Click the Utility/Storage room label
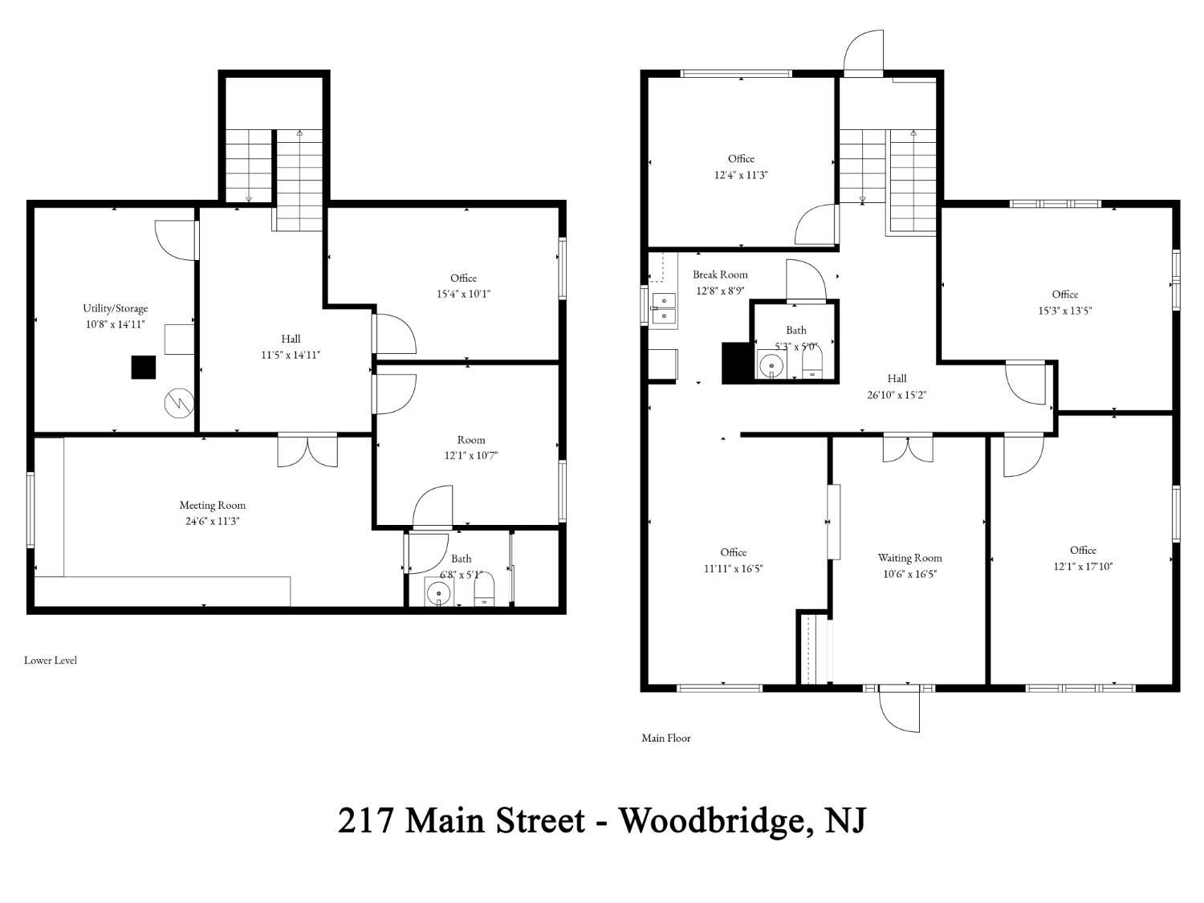pyautogui.click(x=116, y=308)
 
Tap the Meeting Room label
pyautogui.click(x=212, y=505)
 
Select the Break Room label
pyautogui.click(x=720, y=275)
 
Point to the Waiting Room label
pyautogui.click(x=909, y=558)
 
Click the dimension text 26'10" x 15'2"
pyautogui.click(x=897, y=395)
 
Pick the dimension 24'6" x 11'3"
pyautogui.click(x=212, y=521)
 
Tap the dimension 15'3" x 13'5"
pyautogui.click(x=1064, y=311)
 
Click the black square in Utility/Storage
pyautogui.click(x=143, y=368)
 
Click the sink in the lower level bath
pyautogui.click(x=439, y=592)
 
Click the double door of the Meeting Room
pyautogui.click(x=307, y=450)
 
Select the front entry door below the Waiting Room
pyautogui.click(x=899, y=708)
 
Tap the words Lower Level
pyautogui.click(x=51, y=660)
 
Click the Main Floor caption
pyautogui.click(x=666, y=738)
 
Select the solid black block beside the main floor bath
pyautogui.click(x=735, y=363)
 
